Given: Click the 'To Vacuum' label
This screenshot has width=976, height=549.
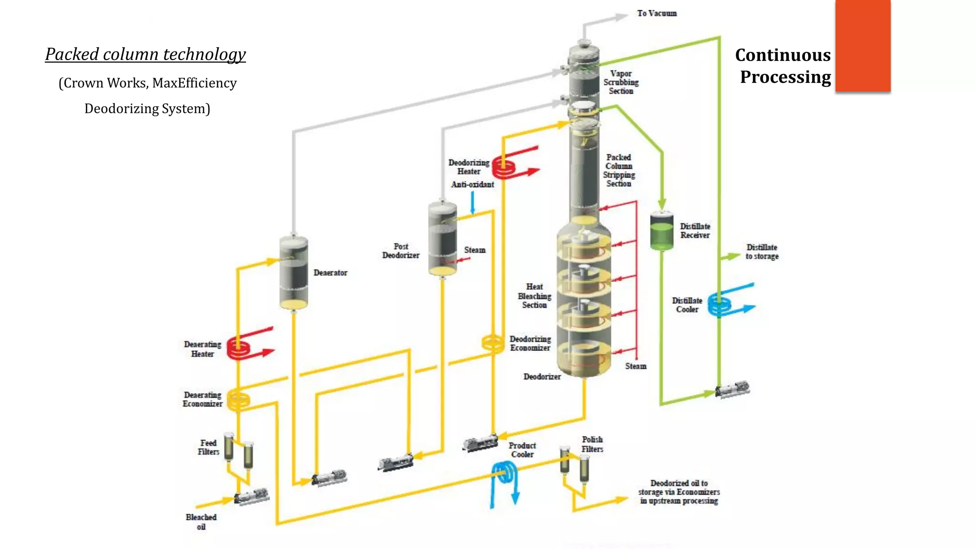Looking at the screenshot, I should (x=657, y=13).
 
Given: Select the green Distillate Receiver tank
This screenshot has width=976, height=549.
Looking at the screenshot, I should (x=662, y=231).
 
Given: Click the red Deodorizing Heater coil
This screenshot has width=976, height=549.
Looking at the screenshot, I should (x=504, y=167).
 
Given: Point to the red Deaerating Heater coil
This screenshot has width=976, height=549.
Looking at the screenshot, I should (x=238, y=348).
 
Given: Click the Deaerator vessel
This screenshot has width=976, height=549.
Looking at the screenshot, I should (x=294, y=273).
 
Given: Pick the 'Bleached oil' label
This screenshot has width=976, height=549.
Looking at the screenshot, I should (x=201, y=521).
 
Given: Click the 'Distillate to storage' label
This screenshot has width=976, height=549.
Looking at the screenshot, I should (x=762, y=252).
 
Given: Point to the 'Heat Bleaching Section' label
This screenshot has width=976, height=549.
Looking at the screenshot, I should (x=534, y=296).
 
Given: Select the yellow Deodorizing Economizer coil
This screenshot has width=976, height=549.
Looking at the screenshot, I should (x=493, y=343).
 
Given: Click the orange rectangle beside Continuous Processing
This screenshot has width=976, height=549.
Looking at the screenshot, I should (x=863, y=45).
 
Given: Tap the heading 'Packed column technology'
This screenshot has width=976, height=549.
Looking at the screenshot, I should (x=145, y=54).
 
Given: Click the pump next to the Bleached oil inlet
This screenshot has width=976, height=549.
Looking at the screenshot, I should (x=252, y=497).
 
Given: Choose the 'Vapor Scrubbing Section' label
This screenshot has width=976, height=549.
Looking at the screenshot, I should (x=621, y=82).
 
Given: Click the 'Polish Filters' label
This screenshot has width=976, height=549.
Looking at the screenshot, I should (x=592, y=444).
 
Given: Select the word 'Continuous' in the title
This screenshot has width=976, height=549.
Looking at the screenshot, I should (x=783, y=55).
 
